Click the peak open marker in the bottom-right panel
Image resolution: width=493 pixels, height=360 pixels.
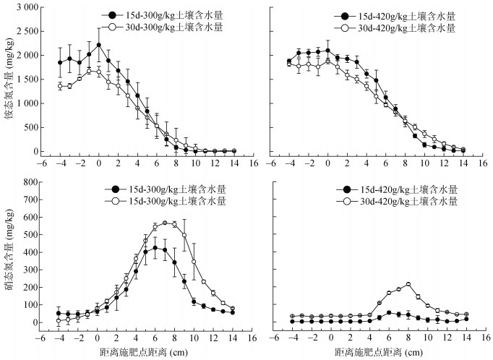pos(408,284)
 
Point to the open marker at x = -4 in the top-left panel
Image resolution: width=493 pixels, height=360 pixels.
pos(60,86)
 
